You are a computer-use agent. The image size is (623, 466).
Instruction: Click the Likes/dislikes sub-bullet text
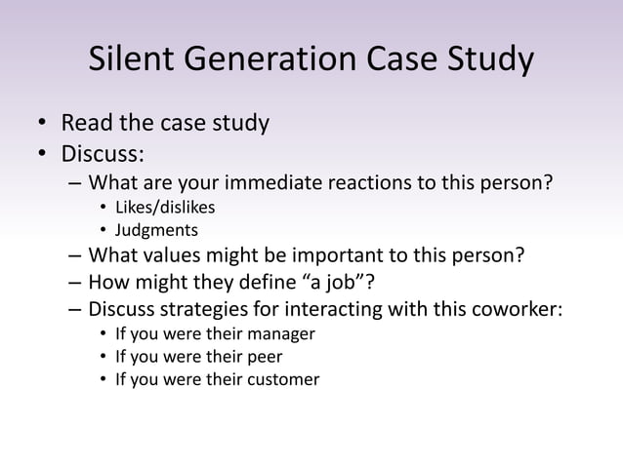pos(165,207)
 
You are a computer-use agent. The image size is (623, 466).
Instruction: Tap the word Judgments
pos(156,231)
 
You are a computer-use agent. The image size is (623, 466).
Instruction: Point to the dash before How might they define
pos(75,284)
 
